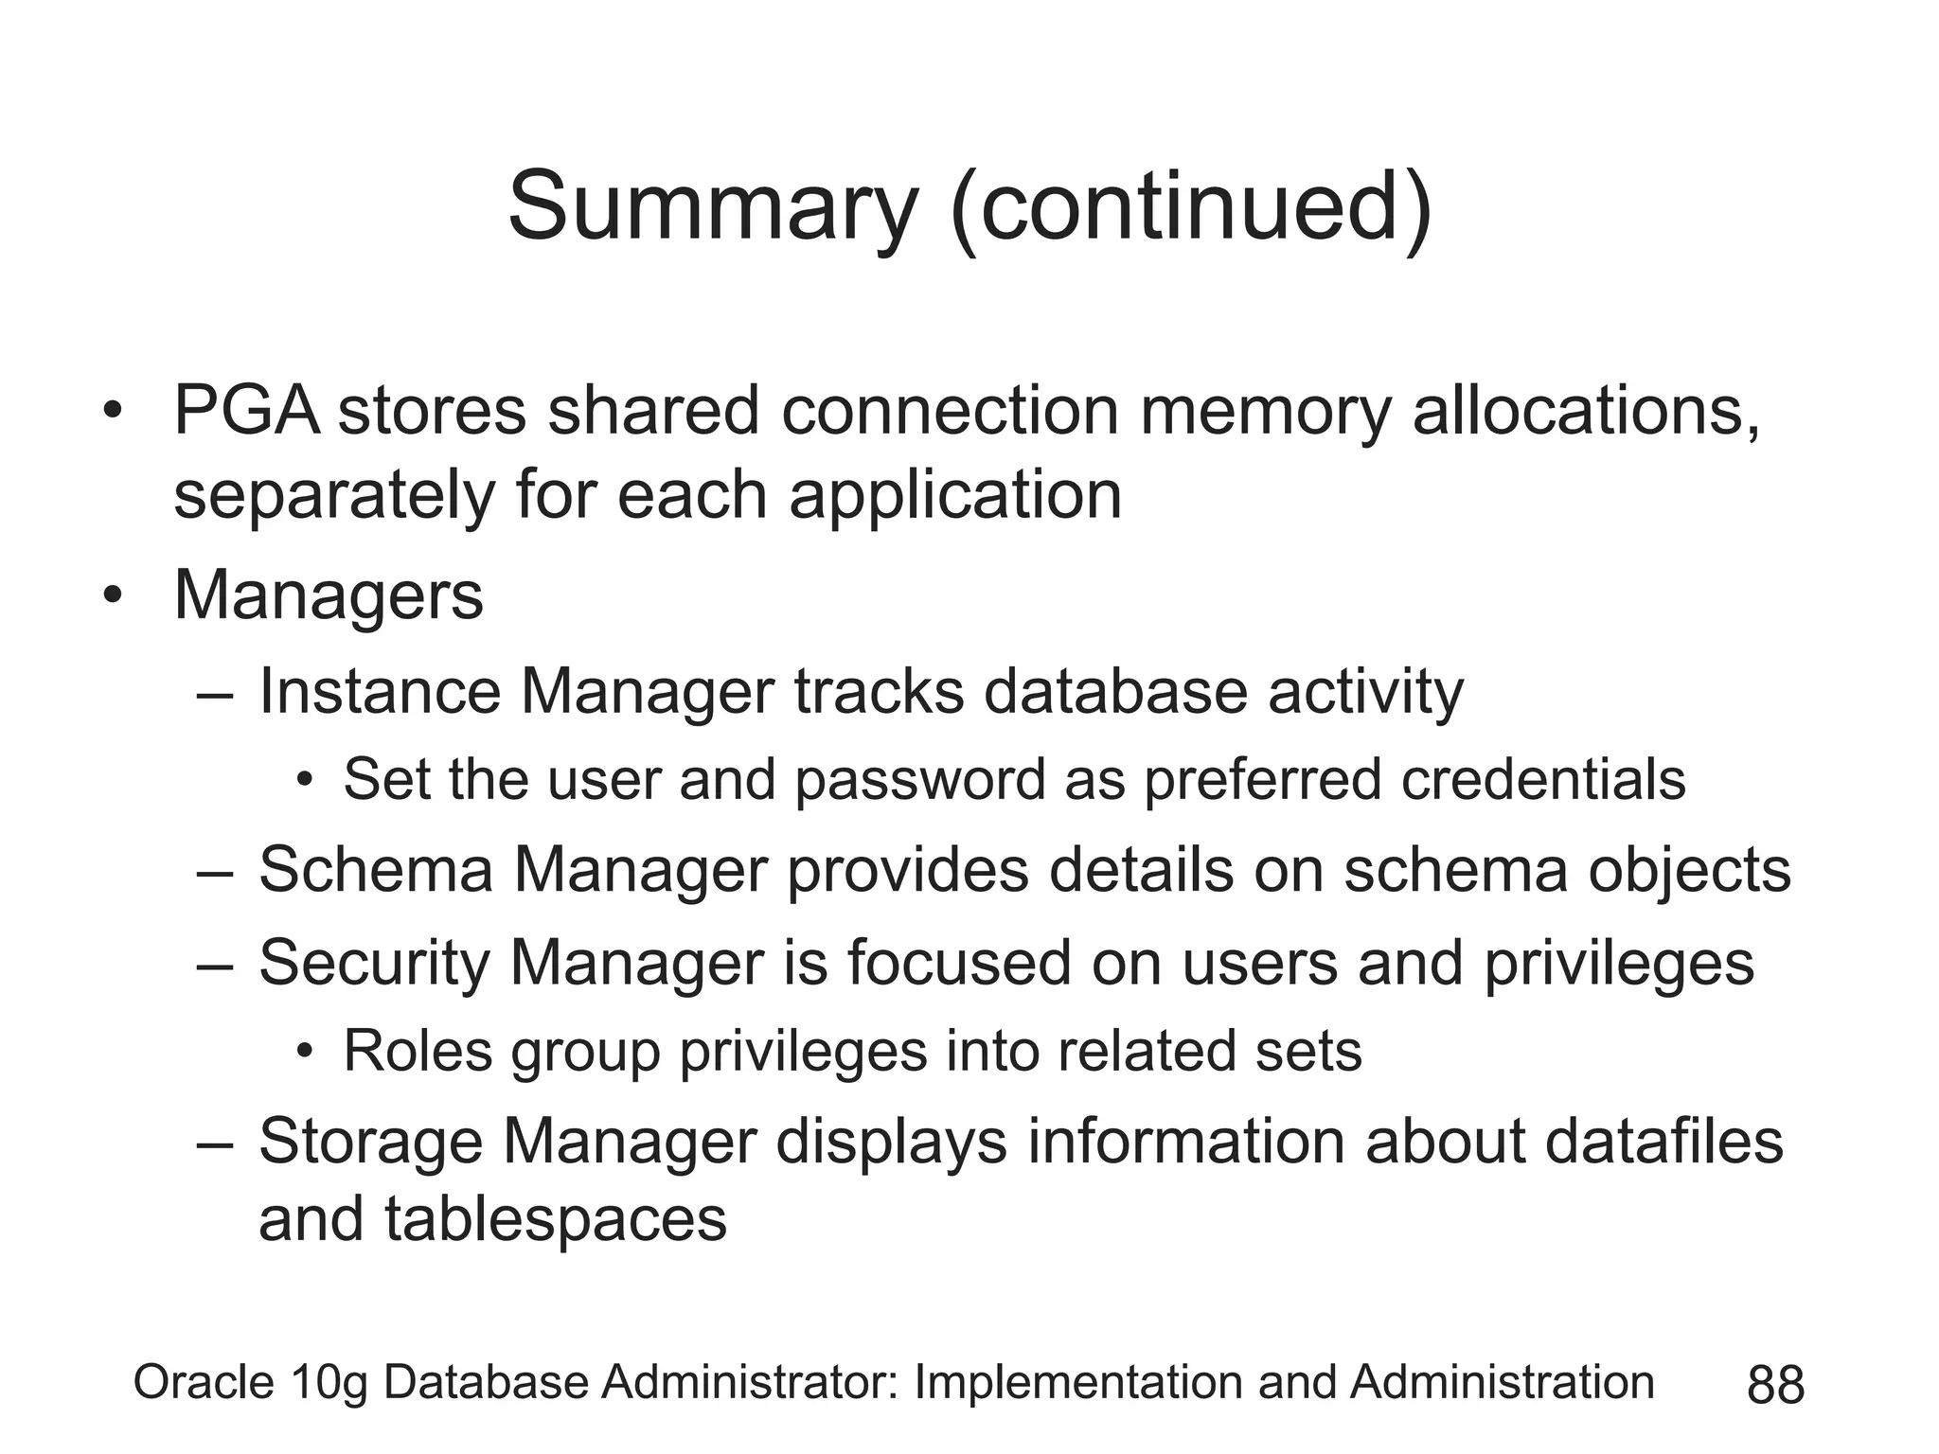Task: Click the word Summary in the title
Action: pyautogui.click(x=713, y=207)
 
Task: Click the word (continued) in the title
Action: pyautogui.click(x=1191, y=207)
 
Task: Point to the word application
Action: pyautogui.click(x=955, y=495)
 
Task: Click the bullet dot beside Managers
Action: pyautogui.click(x=114, y=596)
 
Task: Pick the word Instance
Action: pyautogui.click(x=380, y=691)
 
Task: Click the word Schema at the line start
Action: pyautogui.click(x=376, y=869)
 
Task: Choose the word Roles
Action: pyautogui.click(x=418, y=1051)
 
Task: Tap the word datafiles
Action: pyautogui.click(x=1664, y=1141)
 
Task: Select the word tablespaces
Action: pyautogui.click(x=556, y=1219)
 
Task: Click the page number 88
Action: pyautogui.click(x=1775, y=1386)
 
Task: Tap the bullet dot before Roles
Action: pyautogui.click(x=304, y=1052)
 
